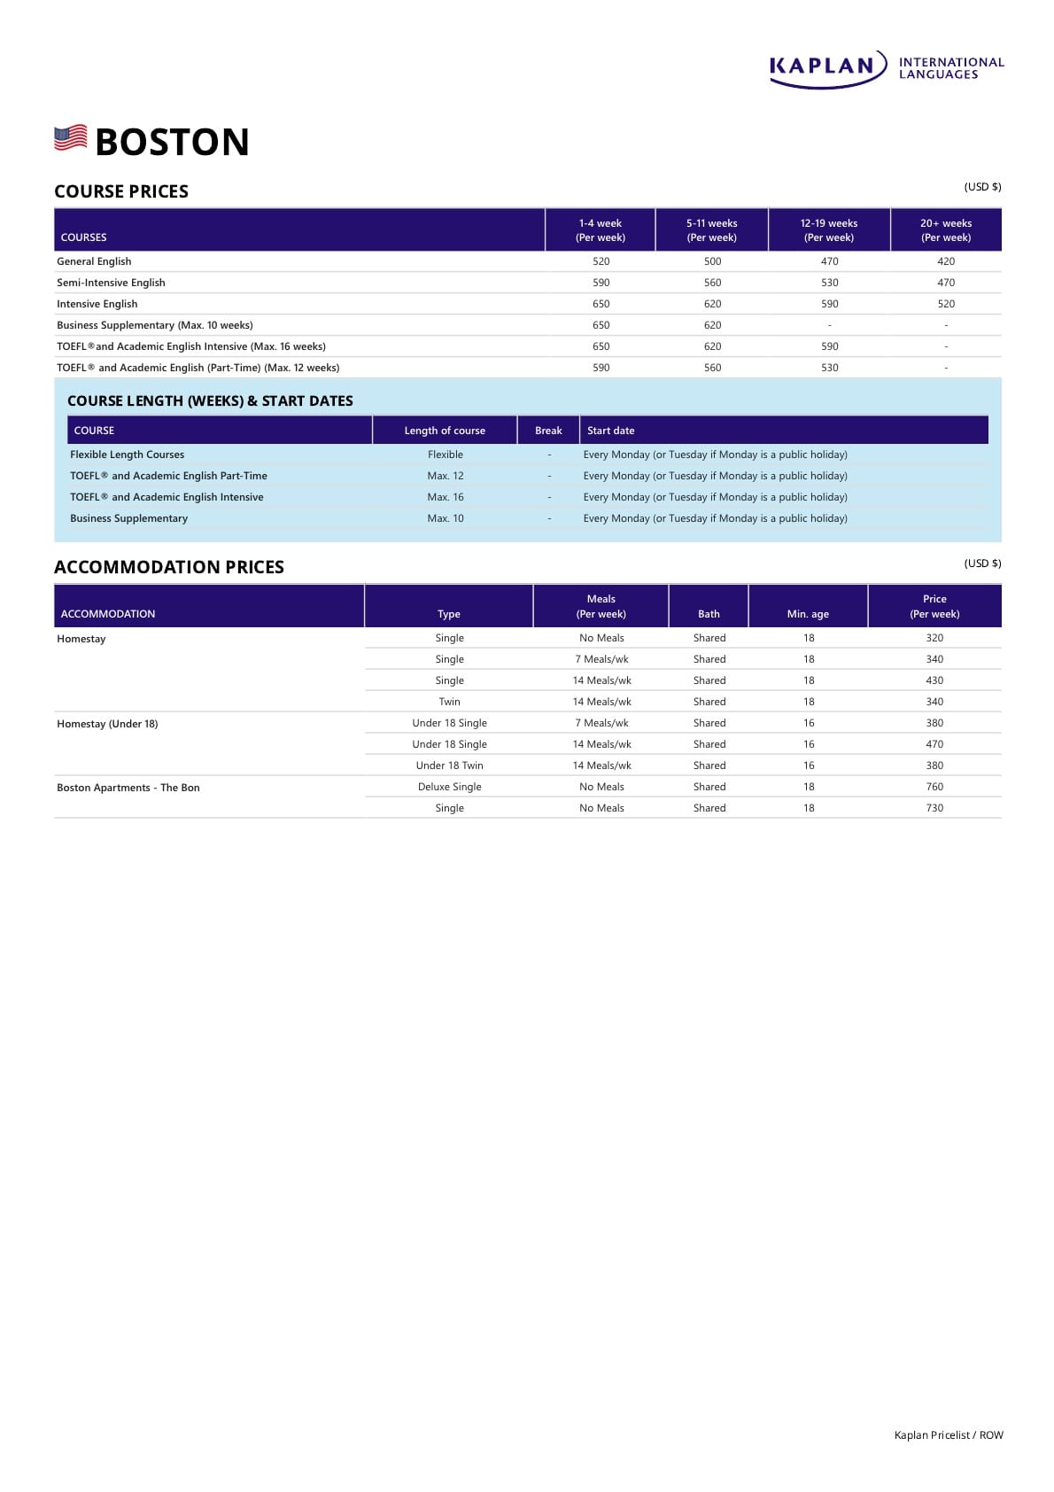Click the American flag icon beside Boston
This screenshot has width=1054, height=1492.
71,137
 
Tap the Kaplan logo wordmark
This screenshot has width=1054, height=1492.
823,66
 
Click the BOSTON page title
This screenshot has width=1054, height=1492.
172,142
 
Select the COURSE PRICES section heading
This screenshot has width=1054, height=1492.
121,191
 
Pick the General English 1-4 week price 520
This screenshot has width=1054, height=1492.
601,261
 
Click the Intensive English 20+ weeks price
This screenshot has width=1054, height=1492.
946,304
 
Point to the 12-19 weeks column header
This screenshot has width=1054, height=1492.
829,230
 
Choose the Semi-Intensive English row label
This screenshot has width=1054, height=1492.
111,283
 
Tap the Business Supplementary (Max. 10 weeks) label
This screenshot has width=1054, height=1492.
155,325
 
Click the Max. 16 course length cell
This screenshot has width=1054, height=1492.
446,497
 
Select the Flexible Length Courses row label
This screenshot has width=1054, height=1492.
128,455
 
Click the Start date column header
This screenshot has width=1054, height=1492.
610,431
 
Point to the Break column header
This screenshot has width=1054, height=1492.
548,431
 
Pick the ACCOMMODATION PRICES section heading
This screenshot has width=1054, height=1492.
169,567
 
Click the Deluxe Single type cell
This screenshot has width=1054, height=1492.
450,787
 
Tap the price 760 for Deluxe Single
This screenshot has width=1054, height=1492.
934,787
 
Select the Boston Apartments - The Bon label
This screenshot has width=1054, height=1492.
128,788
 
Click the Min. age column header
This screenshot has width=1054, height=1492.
808,614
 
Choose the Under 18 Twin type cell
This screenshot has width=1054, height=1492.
450,765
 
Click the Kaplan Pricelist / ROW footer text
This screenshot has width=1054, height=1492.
949,1435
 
